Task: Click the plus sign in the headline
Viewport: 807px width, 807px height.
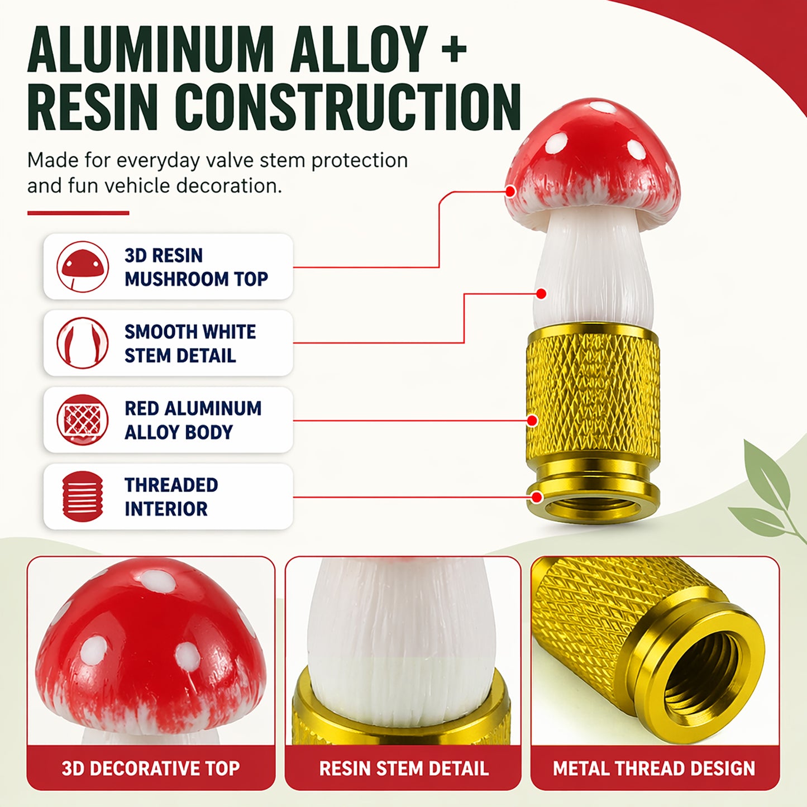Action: point(455,50)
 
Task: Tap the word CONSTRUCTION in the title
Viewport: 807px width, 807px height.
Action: point(348,107)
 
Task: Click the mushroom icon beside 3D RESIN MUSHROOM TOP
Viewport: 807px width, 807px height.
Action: point(83,266)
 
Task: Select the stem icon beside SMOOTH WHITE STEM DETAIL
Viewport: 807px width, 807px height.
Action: point(83,343)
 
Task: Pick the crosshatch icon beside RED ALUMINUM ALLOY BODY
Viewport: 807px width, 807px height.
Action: point(83,419)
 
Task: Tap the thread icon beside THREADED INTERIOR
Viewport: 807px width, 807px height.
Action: point(83,496)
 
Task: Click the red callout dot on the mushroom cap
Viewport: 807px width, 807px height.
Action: point(510,192)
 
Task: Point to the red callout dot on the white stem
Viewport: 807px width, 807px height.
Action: point(541,294)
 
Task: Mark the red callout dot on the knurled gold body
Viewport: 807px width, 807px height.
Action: point(532,421)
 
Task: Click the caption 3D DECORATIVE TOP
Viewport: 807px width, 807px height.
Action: point(151,768)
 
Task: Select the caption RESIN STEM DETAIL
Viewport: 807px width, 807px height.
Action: point(404,768)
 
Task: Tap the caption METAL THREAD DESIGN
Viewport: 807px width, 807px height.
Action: point(654,768)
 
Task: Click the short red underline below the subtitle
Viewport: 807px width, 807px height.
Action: point(78,213)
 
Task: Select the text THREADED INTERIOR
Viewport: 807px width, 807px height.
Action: point(171,496)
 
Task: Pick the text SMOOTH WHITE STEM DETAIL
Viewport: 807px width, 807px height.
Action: point(190,343)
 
